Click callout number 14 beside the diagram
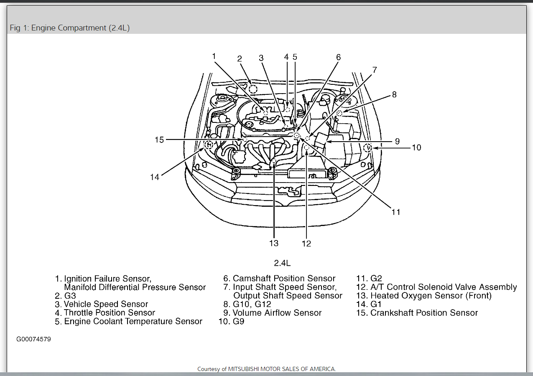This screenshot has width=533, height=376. [155, 177]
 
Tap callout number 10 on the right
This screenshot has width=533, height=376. [416, 147]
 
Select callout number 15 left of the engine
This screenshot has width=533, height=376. [159, 140]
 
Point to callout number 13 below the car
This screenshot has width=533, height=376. [274, 243]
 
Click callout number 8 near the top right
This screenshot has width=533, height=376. [394, 94]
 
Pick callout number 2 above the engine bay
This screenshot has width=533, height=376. [240, 59]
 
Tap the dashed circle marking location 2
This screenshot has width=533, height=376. [252, 89]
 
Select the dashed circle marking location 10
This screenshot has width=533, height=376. [368, 147]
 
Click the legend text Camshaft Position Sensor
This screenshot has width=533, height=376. [284, 278]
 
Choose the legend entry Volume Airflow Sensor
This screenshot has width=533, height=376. [277, 313]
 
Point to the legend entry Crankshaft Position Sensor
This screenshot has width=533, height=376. [424, 313]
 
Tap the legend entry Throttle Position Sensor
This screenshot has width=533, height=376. [110, 312]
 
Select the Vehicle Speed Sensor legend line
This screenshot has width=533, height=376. [106, 304]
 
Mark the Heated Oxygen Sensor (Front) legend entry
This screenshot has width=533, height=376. [431, 296]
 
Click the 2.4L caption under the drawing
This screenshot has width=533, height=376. [282, 263]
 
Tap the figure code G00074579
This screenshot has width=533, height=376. [33, 339]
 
